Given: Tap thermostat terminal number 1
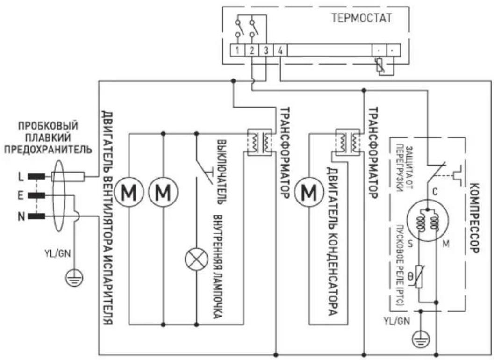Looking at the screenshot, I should pos(238,50).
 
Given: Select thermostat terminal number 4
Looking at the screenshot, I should pos(279,50).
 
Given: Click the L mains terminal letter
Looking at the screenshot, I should pos(21,176).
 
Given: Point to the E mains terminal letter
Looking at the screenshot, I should pos(21,195).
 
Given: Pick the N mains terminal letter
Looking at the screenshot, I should pos(21,216).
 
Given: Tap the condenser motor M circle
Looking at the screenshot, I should pos(309,191).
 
